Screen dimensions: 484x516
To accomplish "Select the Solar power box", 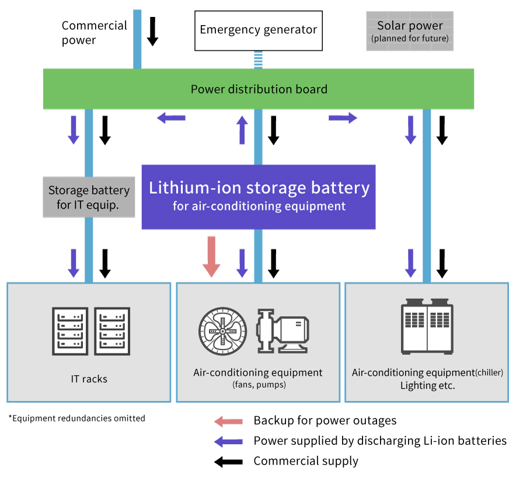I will pos(410,31).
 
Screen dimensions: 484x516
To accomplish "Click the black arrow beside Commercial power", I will pos(152,31).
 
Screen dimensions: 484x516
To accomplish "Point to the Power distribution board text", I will pos(259,89).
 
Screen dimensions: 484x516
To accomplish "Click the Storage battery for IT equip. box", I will pos(89,197).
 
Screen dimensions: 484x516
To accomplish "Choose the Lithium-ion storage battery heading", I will pos(259,188).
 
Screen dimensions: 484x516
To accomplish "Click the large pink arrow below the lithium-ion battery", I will pos(211,256).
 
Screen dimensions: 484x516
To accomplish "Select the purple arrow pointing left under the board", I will pos(171,118).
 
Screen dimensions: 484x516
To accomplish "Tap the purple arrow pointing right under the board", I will pos(343,118).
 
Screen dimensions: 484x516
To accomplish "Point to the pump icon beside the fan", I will pos(283,330).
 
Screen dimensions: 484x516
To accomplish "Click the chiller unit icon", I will pos(426,326).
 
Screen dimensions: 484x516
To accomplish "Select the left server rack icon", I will pos(70,330).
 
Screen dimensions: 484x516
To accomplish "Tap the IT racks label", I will pos(89,379).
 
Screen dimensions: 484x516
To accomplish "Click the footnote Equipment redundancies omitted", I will pos(76,418).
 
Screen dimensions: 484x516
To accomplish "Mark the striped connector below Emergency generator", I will pos(258,60).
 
